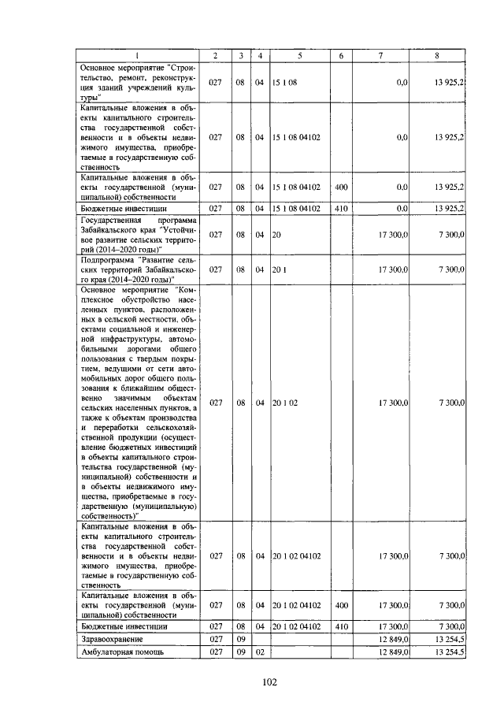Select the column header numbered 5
300,55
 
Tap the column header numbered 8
437,55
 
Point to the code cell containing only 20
276,235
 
